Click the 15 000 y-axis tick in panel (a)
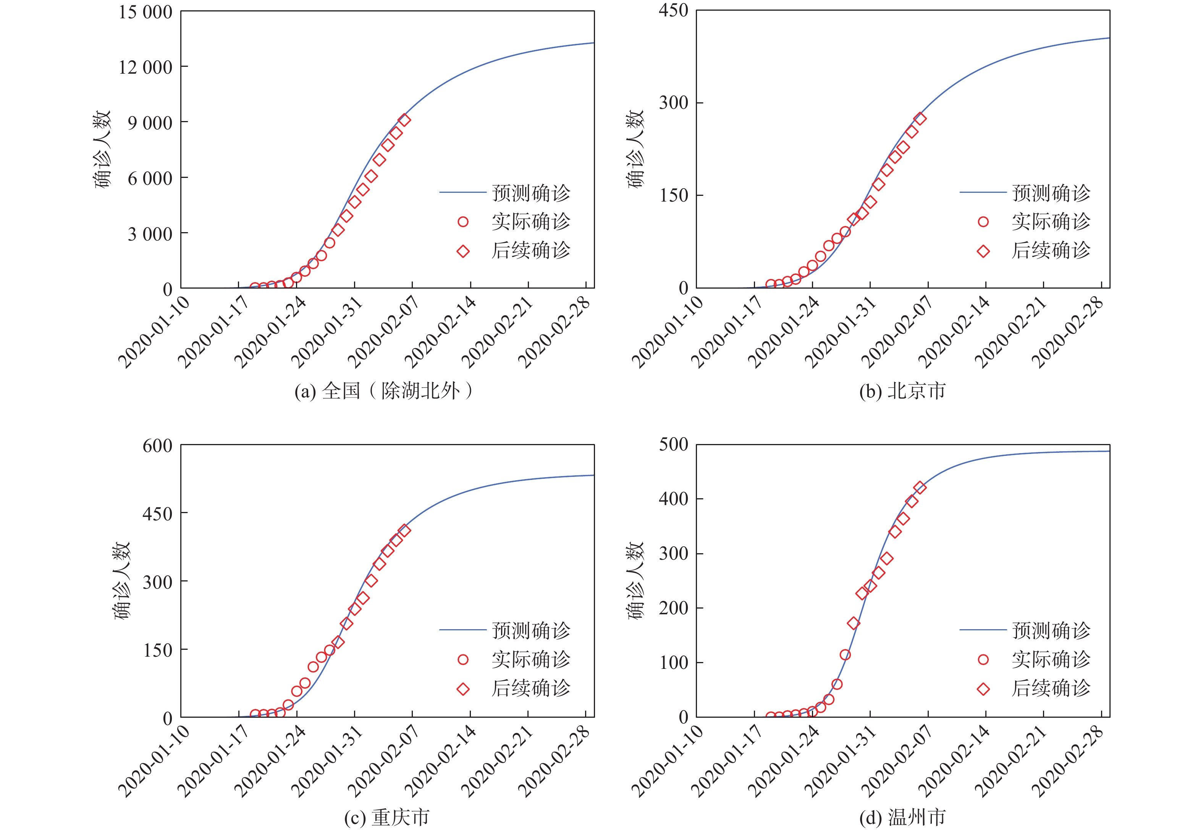[145, 12]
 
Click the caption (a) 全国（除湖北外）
[384, 391]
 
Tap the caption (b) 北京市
[902, 391]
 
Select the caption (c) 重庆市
[386, 817]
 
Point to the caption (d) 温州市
[902, 817]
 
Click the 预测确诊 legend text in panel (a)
[530, 193]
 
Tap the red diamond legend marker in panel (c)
[463, 690]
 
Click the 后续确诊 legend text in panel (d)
[1051, 688]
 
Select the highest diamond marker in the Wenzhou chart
[920, 487]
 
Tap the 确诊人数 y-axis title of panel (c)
[122, 581]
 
